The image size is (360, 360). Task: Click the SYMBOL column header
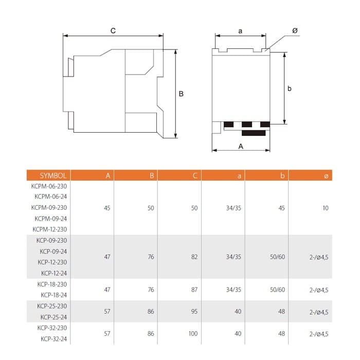click(50, 175)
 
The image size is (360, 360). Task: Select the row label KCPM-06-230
click(50, 186)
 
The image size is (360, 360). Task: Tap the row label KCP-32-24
click(54, 338)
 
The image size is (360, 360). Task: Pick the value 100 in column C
click(193, 334)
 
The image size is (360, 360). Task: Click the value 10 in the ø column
click(326, 208)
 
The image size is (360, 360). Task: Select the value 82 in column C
click(194, 257)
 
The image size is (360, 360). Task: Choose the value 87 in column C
click(194, 290)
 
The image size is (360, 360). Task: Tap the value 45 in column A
click(107, 208)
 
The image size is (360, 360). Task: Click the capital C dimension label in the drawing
click(113, 31)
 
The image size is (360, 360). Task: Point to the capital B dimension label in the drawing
click(182, 94)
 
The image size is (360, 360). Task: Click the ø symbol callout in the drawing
click(295, 31)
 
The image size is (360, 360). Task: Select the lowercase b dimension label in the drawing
click(290, 88)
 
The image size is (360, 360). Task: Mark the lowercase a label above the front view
click(240, 31)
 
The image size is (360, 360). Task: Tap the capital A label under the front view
click(240, 146)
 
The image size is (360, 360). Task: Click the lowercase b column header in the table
click(282, 175)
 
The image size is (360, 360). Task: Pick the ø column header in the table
click(326, 176)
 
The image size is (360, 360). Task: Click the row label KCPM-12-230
click(50, 229)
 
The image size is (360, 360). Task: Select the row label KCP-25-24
click(54, 317)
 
